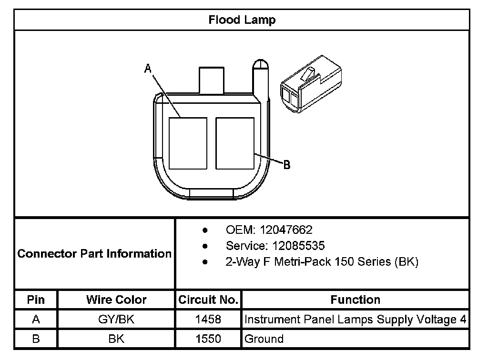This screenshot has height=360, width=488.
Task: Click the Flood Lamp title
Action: pos(242,20)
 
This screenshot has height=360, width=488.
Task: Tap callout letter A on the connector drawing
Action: pos(148,69)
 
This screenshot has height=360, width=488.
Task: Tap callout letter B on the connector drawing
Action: pos(286,164)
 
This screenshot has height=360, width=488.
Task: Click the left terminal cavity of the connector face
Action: pos(188,143)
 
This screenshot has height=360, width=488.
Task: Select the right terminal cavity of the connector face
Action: pos(235,143)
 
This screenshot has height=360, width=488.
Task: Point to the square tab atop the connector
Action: pos(212,80)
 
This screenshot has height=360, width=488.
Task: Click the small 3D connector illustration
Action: pos(311,84)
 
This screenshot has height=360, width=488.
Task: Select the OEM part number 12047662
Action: pos(286,230)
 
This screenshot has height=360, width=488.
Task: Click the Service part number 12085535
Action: pos(298,246)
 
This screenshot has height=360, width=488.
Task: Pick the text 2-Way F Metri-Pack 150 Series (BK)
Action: pos(322,262)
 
